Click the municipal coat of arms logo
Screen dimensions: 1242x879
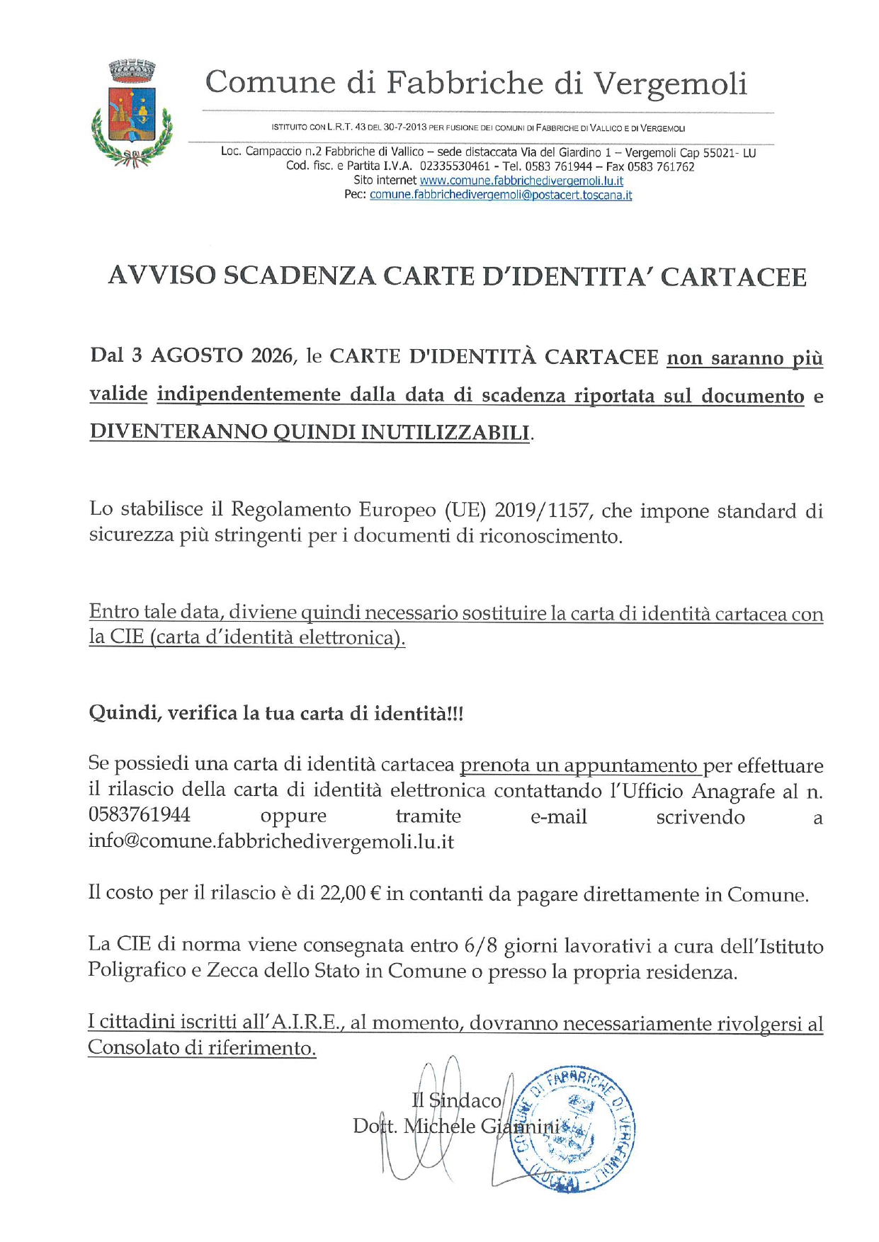132,114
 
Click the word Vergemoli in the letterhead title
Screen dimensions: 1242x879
669,83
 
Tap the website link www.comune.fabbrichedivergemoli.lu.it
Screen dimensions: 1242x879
521,181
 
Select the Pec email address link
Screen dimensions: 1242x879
501,195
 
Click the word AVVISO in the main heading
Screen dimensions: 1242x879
161,276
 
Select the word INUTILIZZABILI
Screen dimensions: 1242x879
446,432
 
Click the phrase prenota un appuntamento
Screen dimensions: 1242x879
579,765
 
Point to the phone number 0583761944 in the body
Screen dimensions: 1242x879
140,815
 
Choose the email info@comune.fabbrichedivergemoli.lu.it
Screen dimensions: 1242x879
271,842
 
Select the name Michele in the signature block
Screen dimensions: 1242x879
439,1126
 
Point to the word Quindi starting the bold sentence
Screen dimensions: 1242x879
122,712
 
